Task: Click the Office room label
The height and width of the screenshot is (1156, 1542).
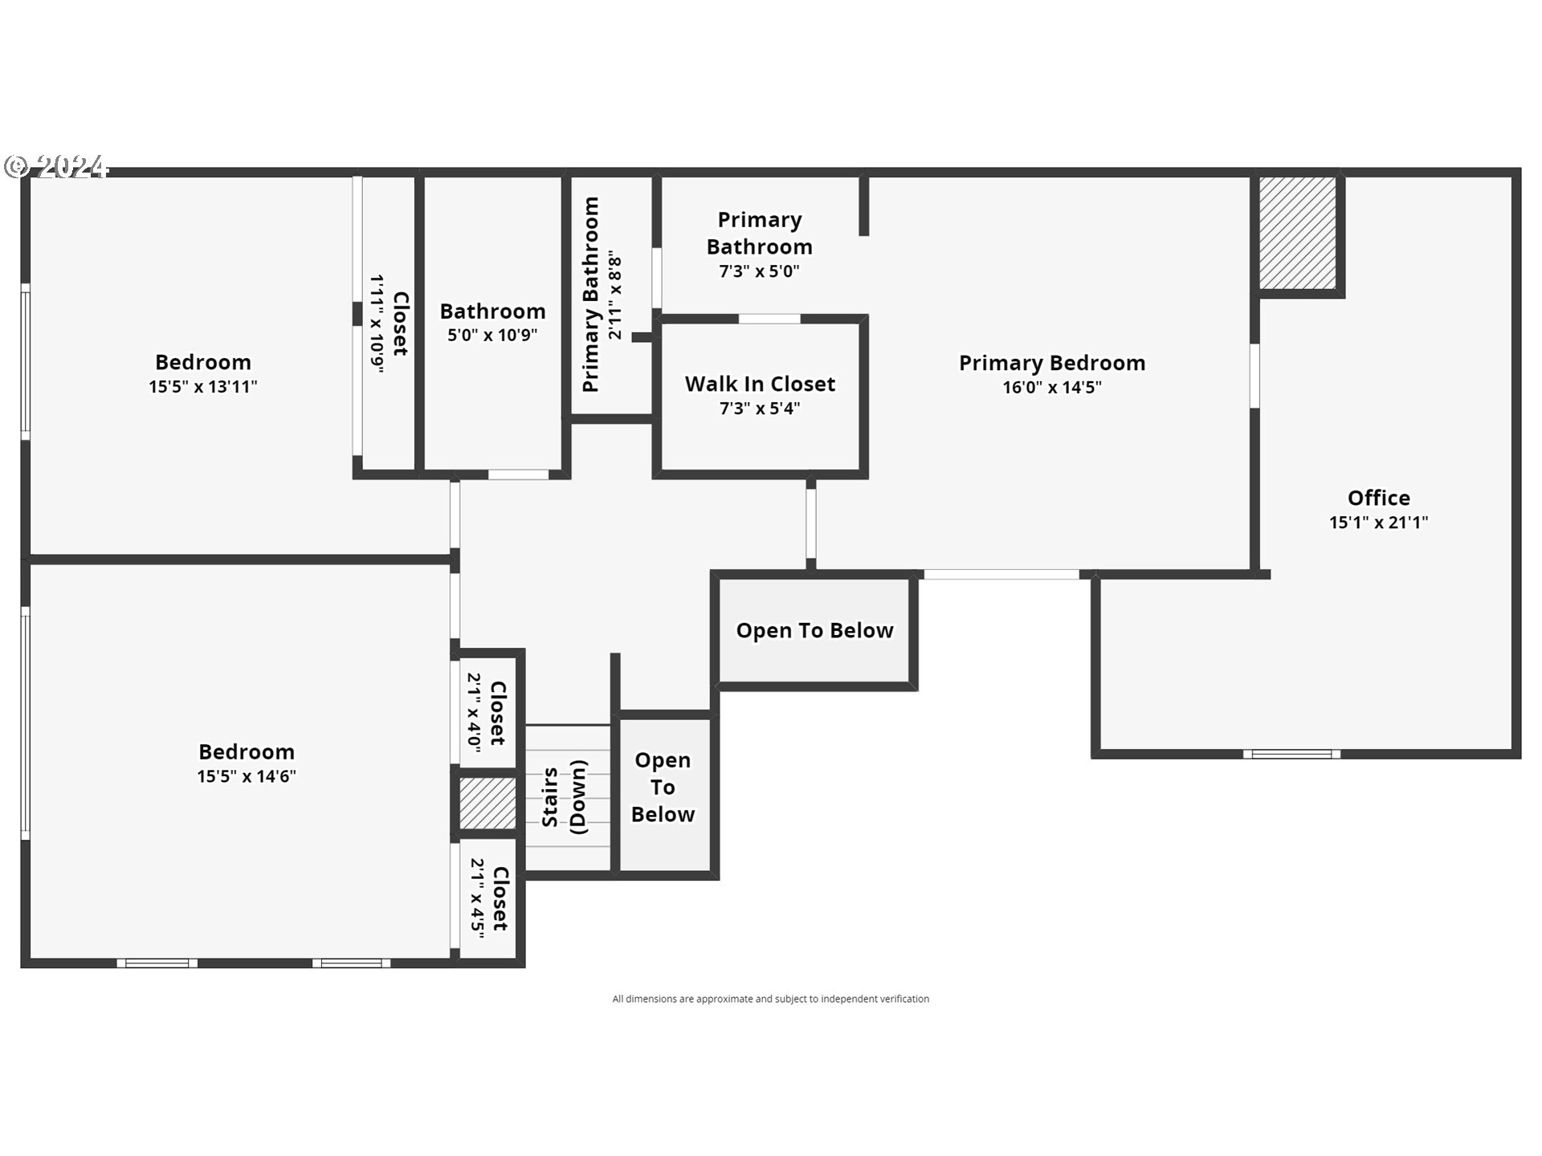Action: coord(1378,498)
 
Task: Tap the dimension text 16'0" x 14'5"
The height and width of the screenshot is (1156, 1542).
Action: coord(1051,388)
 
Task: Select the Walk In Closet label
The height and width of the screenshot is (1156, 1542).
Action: coord(760,385)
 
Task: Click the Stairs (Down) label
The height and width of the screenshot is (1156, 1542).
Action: coord(564,797)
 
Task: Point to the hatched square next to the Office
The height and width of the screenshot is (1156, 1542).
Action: coord(1296,233)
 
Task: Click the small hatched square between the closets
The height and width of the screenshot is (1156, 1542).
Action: coord(487,804)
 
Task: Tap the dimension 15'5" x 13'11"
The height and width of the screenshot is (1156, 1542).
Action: coord(202,387)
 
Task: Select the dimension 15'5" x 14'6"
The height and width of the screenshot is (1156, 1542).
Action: coord(247,776)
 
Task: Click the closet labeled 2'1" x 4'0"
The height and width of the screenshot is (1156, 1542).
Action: coord(487,713)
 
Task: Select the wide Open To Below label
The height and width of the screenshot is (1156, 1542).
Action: coord(814,631)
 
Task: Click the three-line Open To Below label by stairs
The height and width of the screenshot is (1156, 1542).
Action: coord(663,788)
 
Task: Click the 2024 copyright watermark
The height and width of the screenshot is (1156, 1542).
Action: coord(56,166)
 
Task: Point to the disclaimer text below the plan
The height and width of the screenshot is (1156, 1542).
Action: coord(770,999)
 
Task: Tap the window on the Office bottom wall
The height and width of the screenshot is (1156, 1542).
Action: coord(1291,754)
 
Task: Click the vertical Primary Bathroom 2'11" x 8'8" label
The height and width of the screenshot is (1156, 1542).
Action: coord(602,295)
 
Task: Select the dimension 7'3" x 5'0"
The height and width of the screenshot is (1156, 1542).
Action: coord(759,271)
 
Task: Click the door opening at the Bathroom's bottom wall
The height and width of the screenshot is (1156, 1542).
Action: coord(518,474)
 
